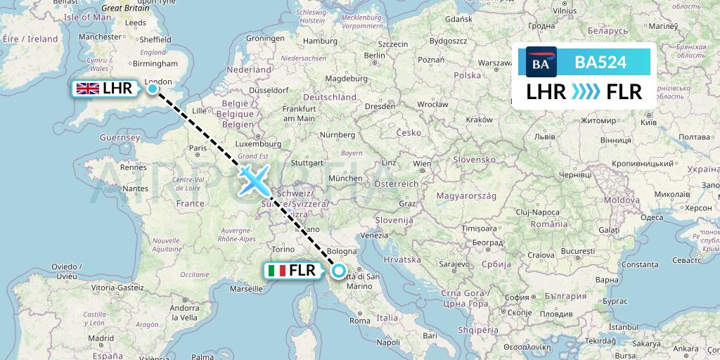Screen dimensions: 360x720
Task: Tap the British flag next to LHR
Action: coord(87,89)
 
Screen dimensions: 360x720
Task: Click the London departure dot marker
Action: coord(153,89)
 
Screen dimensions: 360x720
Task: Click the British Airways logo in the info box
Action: coord(541,63)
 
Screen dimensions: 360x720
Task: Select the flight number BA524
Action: coord(600,63)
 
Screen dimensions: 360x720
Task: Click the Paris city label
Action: coord(198,148)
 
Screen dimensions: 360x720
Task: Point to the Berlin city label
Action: coord(375,56)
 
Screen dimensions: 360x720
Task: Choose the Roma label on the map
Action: coord(359,321)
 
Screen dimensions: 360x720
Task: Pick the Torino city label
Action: coord(284,249)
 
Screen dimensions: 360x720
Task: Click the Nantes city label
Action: coord(134,188)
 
